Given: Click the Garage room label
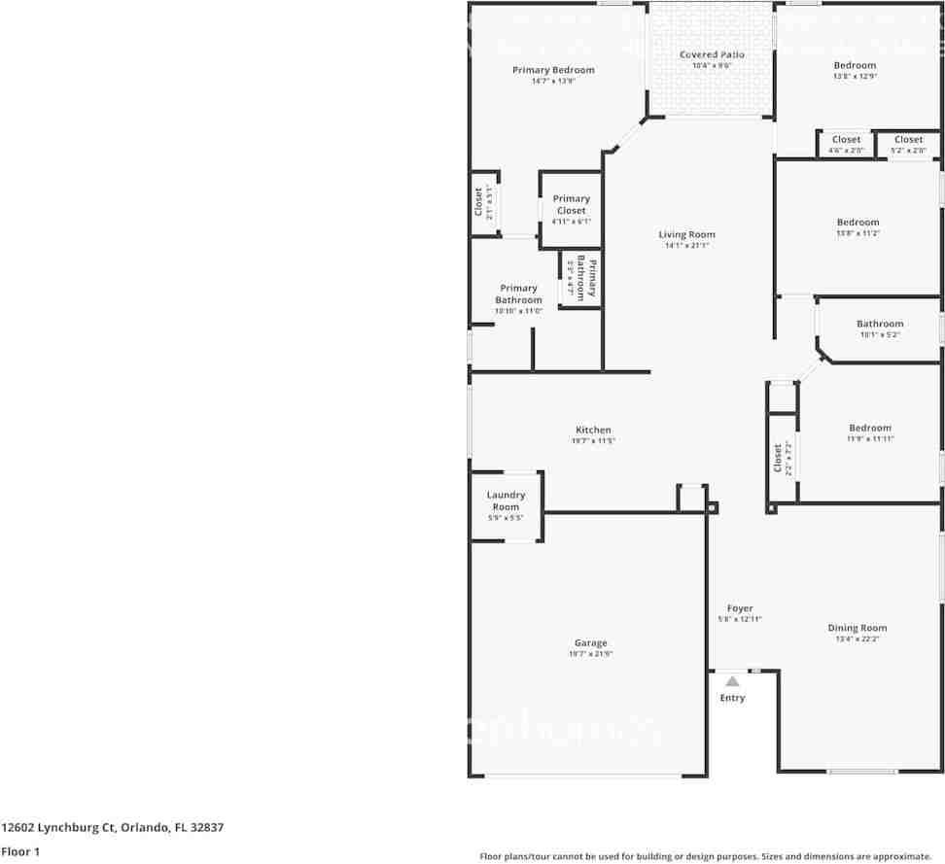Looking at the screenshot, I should [590, 642].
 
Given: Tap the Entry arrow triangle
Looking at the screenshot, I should [732, 681].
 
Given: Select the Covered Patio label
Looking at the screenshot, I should [712, 54].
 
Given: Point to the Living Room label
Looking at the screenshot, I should [686, 234].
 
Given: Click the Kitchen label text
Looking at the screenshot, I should [593, 430].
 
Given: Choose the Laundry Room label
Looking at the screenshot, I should [505, 501].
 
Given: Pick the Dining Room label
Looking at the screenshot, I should [857, 628].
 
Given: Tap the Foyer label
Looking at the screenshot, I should [740, 608].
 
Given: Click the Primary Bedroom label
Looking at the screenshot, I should [553, 70].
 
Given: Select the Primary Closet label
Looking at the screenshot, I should [571, 204].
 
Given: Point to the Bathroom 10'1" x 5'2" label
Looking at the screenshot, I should [879, 324].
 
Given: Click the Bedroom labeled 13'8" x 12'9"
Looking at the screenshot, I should [855, 65].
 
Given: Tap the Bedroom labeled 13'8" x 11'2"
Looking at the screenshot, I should [857, 223].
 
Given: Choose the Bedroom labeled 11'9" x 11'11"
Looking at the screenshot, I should [869, 428].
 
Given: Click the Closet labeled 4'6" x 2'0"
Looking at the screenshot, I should [846, 140].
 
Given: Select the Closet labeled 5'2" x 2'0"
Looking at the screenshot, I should [908, 140].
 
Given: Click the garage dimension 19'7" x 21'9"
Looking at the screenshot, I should [590, 654].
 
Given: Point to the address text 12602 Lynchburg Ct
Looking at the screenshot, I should [59, 828].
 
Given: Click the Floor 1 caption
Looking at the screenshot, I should [19, 851].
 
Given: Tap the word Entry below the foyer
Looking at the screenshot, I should [732, 698].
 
